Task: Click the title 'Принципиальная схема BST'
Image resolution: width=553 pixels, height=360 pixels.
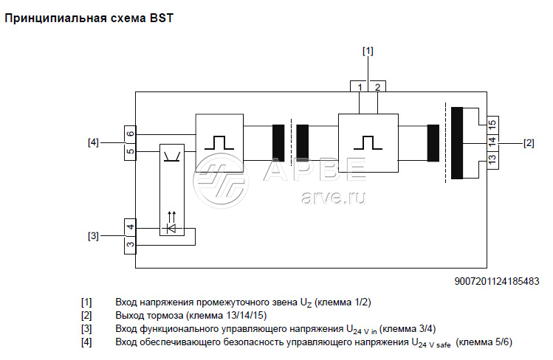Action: click(x=89, y=17)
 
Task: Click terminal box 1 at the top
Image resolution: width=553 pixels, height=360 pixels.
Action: click(x=360, y=86)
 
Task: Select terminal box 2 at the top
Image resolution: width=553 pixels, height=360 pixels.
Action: click(x=377, y=86)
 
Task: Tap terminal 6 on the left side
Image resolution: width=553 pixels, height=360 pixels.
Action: click(x=130, y=134)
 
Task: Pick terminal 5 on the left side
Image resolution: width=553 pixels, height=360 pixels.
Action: click(x=130, y=152)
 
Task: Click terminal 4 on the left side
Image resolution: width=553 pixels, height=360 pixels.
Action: click(x=130, y=227)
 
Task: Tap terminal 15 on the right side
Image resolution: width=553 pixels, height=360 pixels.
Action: click(x=492, y=122)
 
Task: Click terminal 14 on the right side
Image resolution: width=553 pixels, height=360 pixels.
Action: click(x=492, y=140)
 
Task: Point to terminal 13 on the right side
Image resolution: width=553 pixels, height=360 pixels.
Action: click(x=492, y=157)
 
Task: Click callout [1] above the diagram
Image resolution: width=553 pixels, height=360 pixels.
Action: click(x=368, y=51)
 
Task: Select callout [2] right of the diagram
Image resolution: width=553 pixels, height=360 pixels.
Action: click(x=529, y=142)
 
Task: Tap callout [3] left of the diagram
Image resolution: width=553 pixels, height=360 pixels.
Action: click(x=93, y=236)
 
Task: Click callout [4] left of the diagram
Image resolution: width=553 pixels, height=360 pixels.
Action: click(x=93, y=142)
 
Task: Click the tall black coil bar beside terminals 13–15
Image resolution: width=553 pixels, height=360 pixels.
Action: click(x=457, y=143)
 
